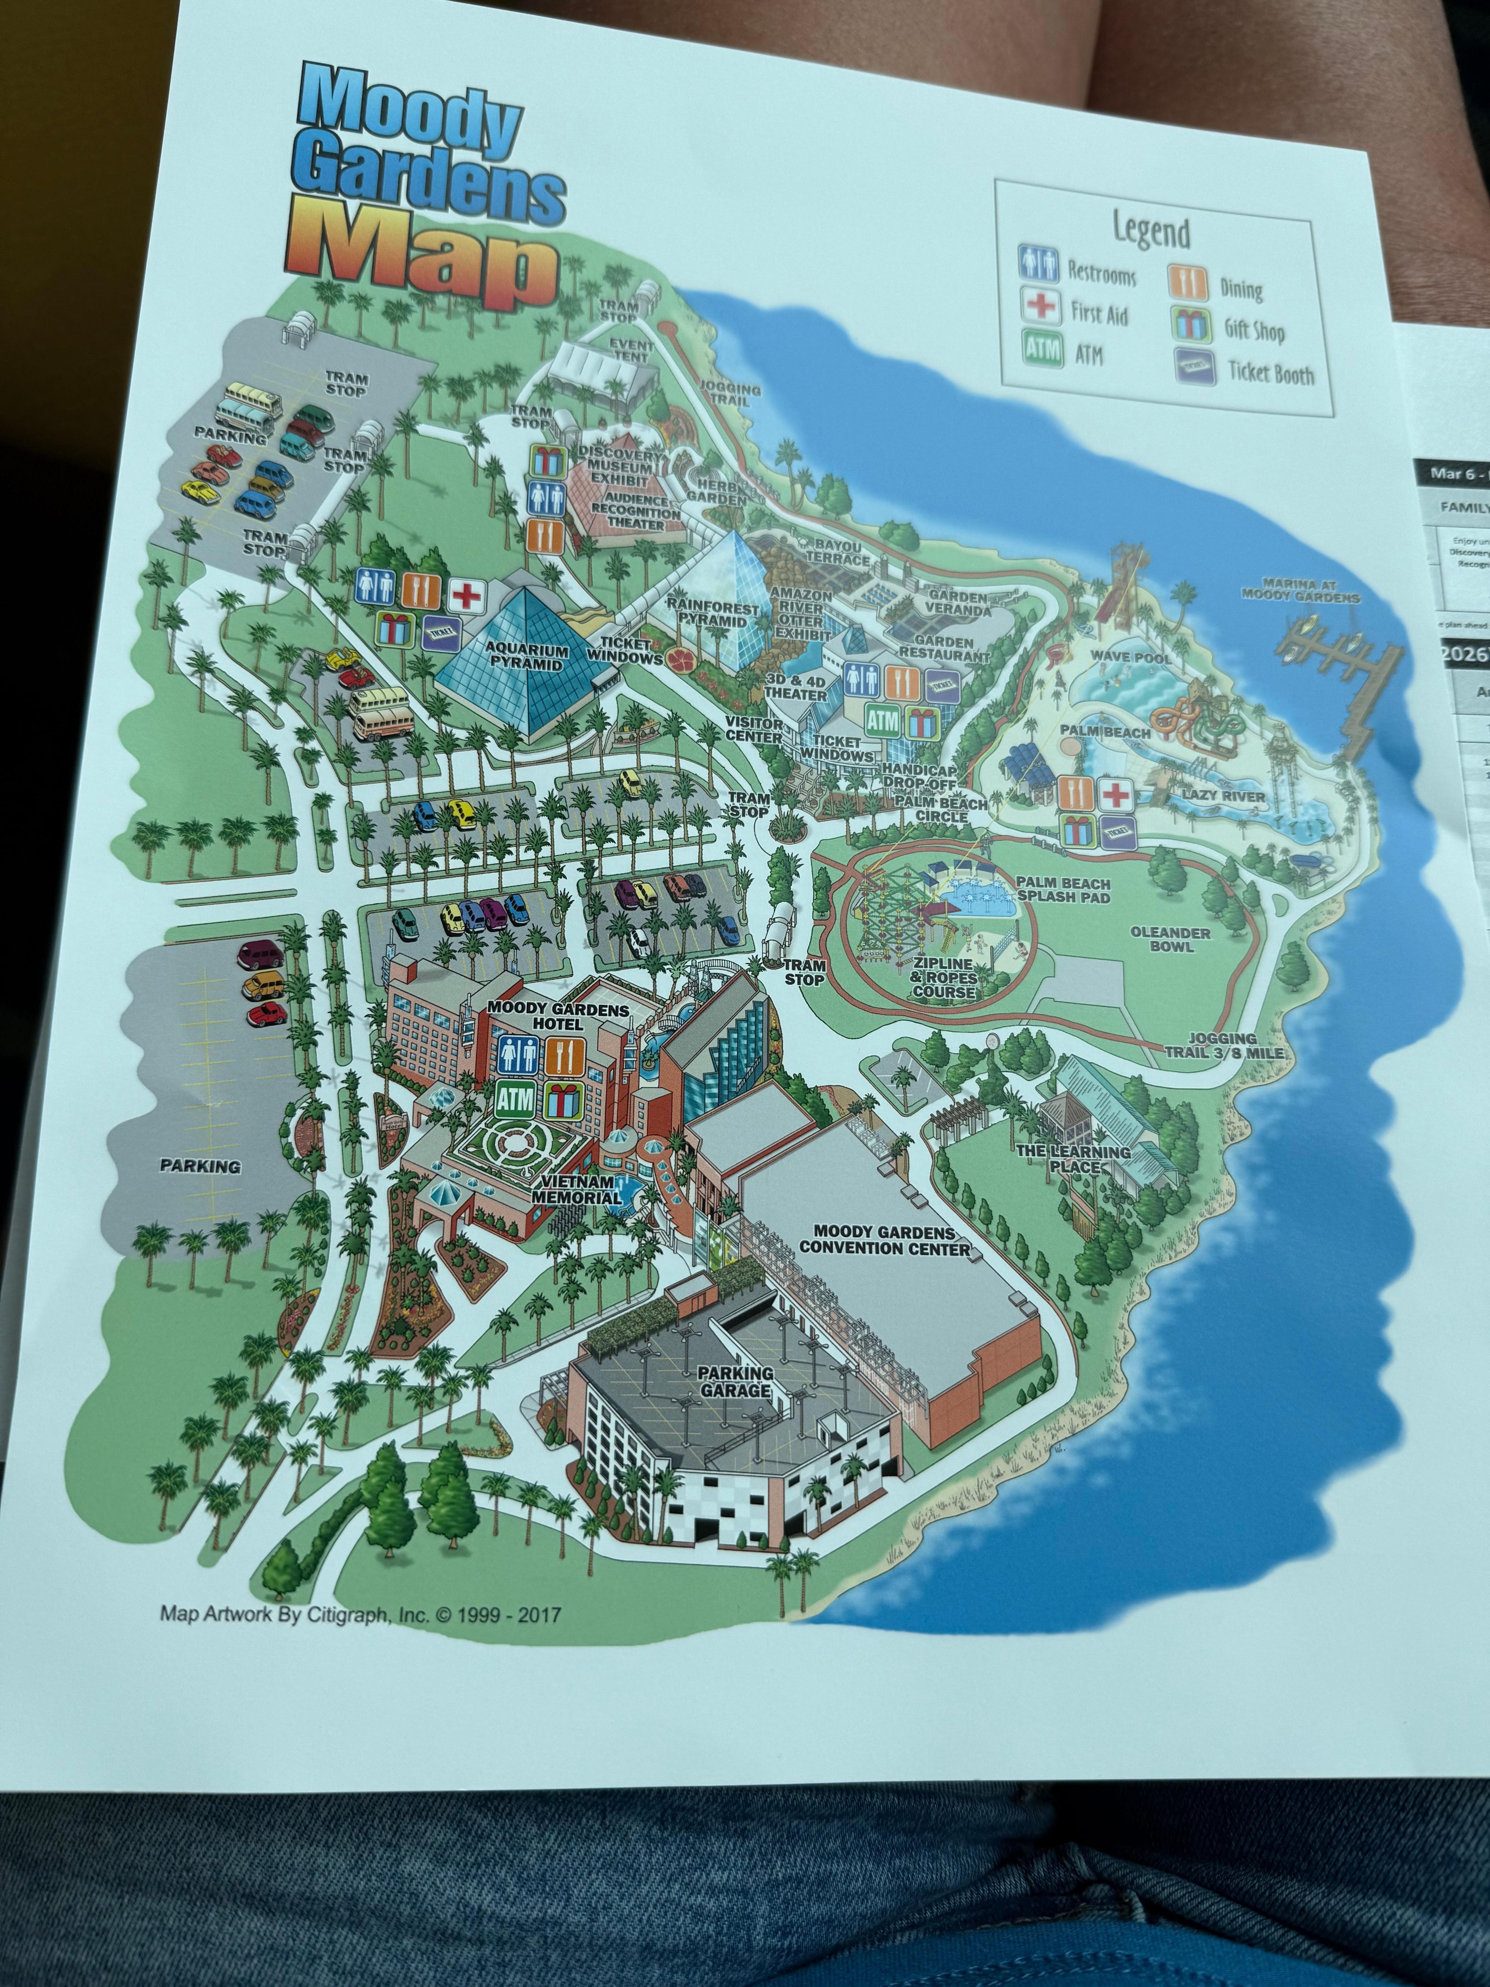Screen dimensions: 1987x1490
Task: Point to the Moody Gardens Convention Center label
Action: [x=885, y=1240]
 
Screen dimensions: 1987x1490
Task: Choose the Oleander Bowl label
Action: [x=1170, y=939]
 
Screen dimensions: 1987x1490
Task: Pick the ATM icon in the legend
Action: [x=1042, y=349]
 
